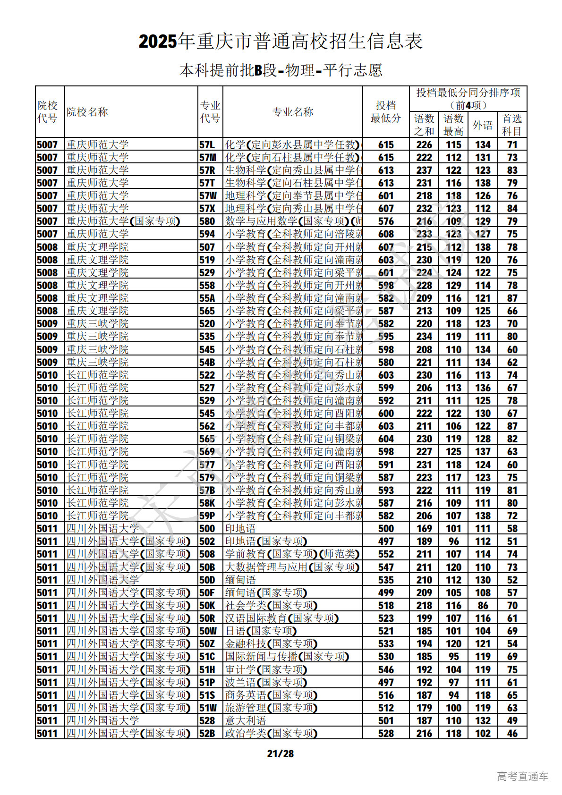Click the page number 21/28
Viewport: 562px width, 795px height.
pyautogui.click(x=280, y=753)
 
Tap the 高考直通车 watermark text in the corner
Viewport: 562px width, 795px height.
pyautogui.click(x=522, y=776)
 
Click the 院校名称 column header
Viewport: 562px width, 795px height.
pyautogui.click(x=87, y=112)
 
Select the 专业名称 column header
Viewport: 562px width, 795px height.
pyautogui.click(x=293, y=112)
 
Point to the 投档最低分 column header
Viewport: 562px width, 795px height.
pyautogui.click(x=386, y=112)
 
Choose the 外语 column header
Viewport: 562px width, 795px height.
pyautogui.click(x=483, y=125)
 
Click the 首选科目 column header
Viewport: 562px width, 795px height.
pyautogui.click(x=512, y=125)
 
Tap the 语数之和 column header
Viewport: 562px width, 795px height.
pyautogui.click(x=424, y=125)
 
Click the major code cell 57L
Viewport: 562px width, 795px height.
pyautogui.click(x=207, y=145)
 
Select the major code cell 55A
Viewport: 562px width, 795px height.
pyautogui.click(x=207, y=298)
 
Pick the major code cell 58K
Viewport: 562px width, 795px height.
pyautogui.click(x=207, y=503)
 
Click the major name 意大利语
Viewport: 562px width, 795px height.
pyautogui.click(x=246, y=721)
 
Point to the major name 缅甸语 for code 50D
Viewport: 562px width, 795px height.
pyautogui.click(x=240, y=580)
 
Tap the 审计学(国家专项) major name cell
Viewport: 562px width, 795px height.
pyautogui.click(x=266, y=670)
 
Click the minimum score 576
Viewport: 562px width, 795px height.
pyautogui.click(x=386, y=221)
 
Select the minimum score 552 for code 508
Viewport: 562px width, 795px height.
pyautogui.click(x=386, y=554)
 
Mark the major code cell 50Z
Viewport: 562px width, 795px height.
pyautogui.click(x=207, y=644)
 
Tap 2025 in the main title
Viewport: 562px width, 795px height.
pyautogui.click(x=158, y=42)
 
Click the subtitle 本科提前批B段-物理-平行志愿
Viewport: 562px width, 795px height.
pyautogui.click(x=281, y=70)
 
